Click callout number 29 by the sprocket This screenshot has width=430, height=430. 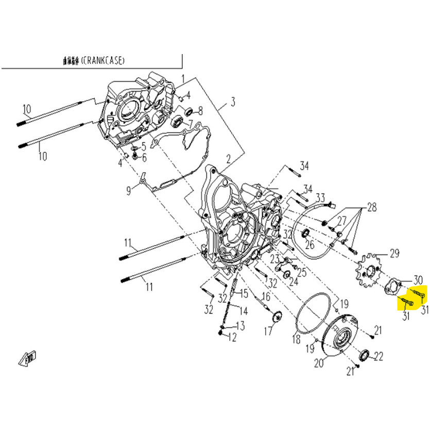(394, 253)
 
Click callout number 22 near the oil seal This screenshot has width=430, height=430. (379, 356)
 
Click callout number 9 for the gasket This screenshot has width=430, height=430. (129, 191)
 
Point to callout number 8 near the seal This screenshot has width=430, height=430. (200, 111)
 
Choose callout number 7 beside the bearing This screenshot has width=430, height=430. (190, 124)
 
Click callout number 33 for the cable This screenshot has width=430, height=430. (320, 197)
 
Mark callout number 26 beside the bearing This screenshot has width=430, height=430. (310, 244)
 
